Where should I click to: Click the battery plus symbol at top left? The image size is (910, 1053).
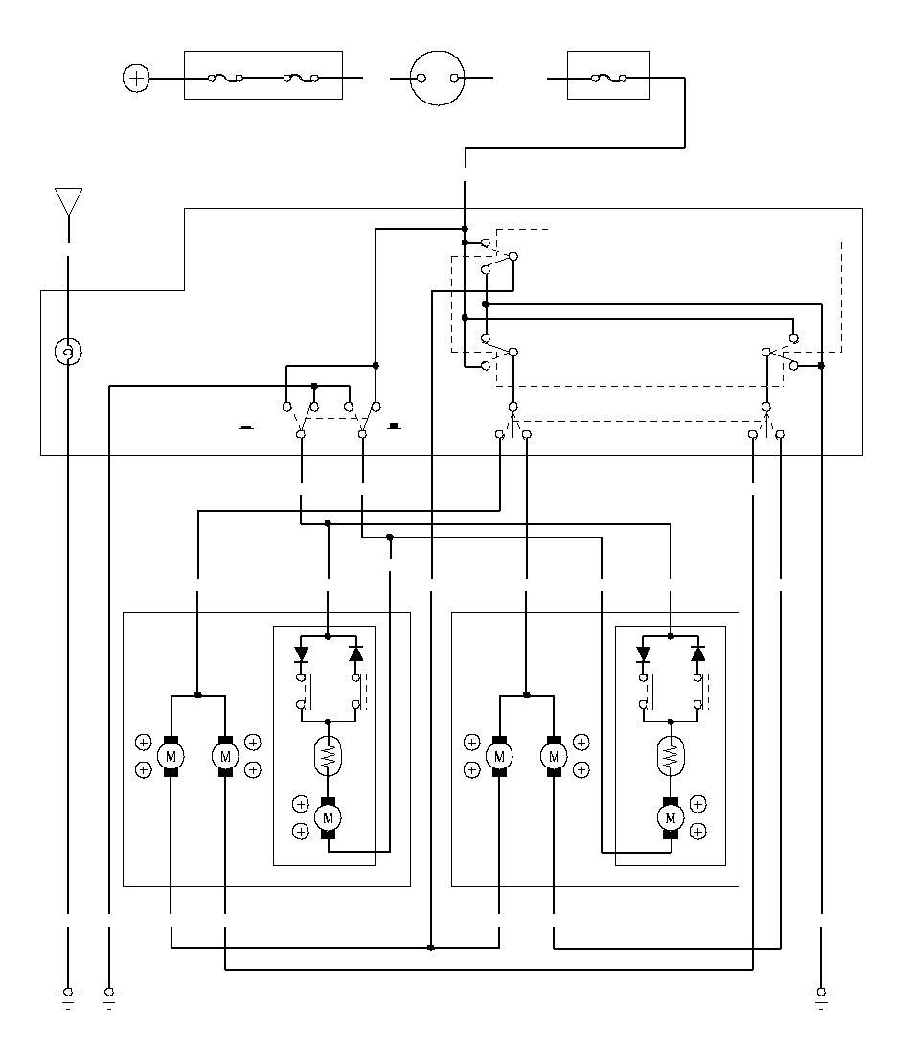(x=136, y=78)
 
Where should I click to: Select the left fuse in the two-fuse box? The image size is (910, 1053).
(x=226, y=79)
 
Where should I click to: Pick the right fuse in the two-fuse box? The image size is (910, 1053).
(x=301, y=79)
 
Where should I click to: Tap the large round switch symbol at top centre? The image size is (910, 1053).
(x=437, y=78)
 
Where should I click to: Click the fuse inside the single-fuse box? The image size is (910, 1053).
(x=608, y=79)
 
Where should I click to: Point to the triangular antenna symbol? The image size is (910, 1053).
(x=69, y=201)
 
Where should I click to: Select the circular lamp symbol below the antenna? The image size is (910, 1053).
(x=68, y=352)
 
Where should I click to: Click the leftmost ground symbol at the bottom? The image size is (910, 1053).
(x=68, y=998)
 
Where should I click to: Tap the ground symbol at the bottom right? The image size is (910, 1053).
(x=821, y=998)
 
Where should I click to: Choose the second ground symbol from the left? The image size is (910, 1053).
(x=109, y=998)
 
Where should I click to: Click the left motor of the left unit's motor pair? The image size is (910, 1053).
(x=171, y=756)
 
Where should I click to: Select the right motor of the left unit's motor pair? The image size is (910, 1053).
(x=225, y=756)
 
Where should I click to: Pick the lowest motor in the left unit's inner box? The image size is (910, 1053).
(x=328, y=818)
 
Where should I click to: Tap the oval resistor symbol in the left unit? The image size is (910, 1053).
(x=328, y=756)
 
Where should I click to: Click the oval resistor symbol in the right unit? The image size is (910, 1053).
(x=671, y=756)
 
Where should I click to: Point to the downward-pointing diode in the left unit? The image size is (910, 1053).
(x=301, y=653)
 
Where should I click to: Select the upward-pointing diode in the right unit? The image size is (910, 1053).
(x=697, y=653)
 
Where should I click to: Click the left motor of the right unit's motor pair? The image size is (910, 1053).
(x=499, y=756)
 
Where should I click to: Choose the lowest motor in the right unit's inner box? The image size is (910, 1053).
(x=671, y=818)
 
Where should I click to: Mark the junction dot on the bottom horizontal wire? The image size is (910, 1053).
(x=430, y=948)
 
